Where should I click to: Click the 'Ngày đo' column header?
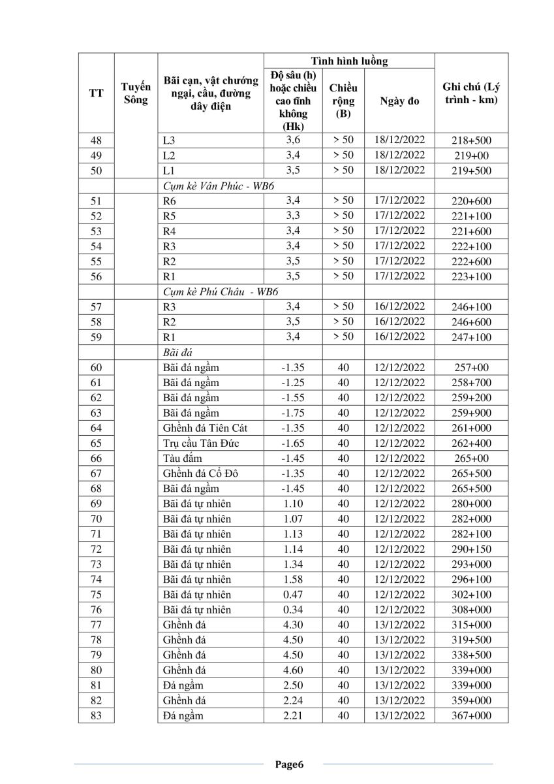(399, 101)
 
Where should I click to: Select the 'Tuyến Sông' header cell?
(136, 93)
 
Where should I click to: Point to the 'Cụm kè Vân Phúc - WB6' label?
(219, 186)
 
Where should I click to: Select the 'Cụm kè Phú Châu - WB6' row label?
(219, 291)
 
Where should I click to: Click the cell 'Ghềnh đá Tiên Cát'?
(205, 428)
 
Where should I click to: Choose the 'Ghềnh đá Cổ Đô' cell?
(200, 474)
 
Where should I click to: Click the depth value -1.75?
(293, 413)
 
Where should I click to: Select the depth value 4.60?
(293, 670)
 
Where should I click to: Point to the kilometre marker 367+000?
(471, 716)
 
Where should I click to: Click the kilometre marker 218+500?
(471, 140)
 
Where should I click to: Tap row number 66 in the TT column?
(96, 459)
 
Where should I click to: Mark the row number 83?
(96, 716)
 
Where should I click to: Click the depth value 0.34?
(293, 610)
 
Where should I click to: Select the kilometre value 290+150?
(471, 549)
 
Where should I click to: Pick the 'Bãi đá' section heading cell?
(173, 352)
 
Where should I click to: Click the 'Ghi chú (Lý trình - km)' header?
(471, 94)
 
